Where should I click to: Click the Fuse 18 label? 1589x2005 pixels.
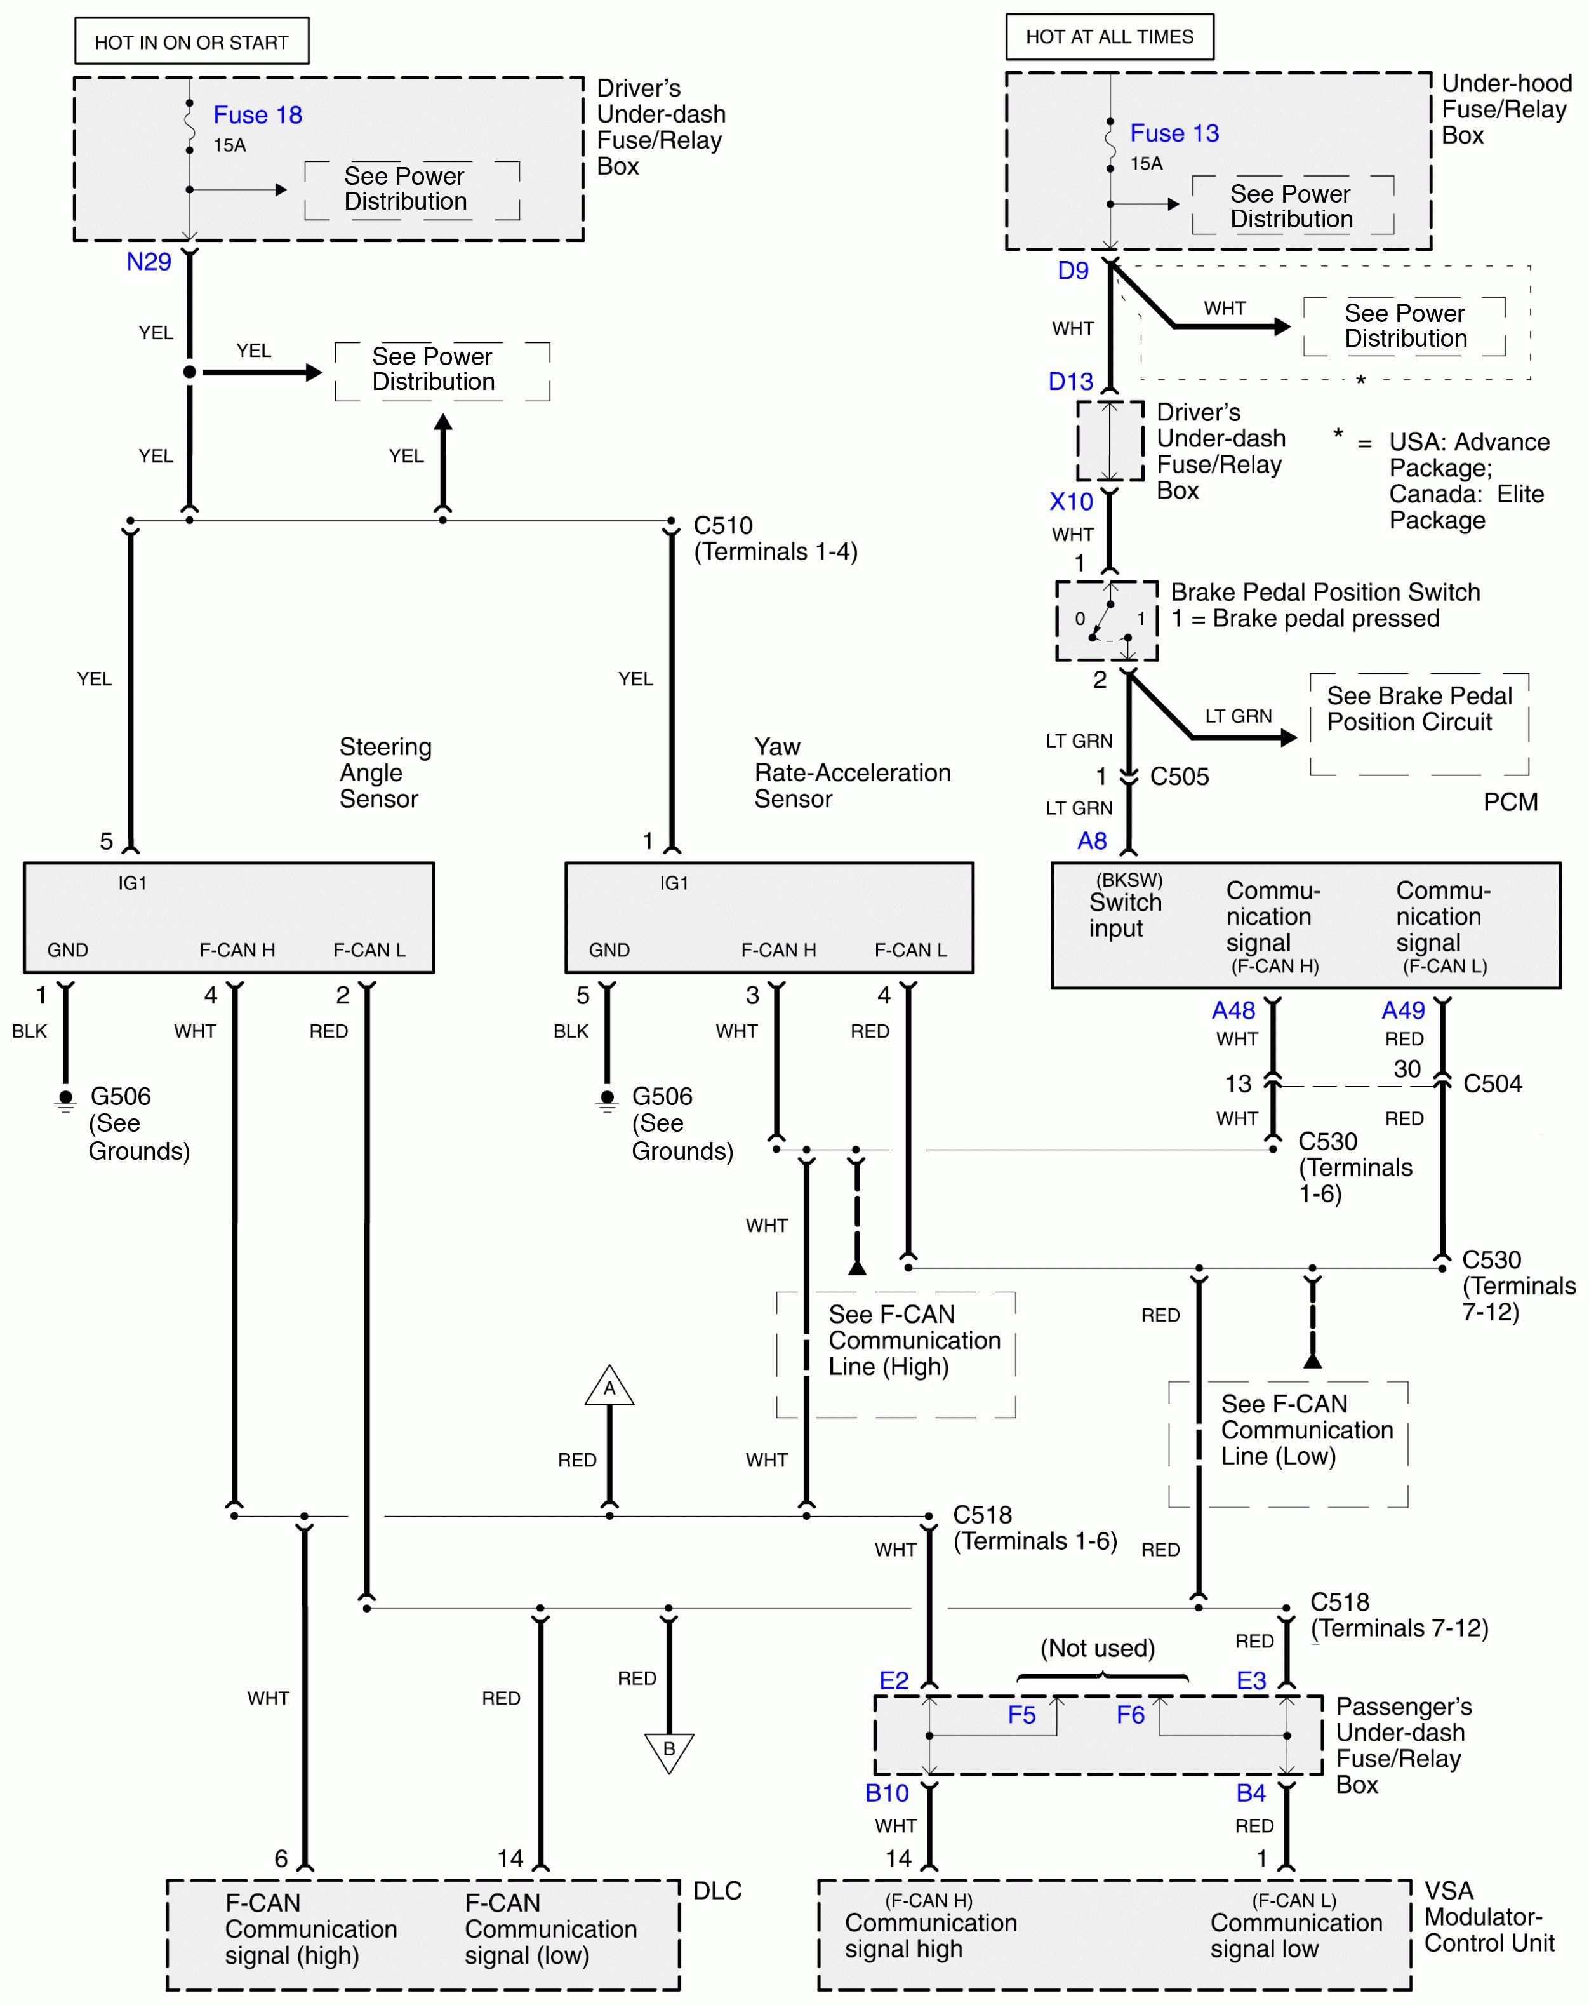pos(258,116)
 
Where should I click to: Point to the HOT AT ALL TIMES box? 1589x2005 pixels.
pos(1109,37)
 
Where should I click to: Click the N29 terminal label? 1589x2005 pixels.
pos(149,262)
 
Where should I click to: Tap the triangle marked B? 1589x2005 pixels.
pos(668,1750)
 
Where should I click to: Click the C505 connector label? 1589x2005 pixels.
pos(1179,777)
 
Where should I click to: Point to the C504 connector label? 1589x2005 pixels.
pos(1493,1084)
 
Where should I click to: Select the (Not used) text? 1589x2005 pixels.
pos(1097,1649)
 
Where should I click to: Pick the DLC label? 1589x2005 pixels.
pos(717,1891)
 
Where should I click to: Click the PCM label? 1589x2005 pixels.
pos(1510,801)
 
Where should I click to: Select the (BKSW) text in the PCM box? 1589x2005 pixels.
pos(1129,880)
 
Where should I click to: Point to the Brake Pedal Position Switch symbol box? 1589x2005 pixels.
pos(1107,620)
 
